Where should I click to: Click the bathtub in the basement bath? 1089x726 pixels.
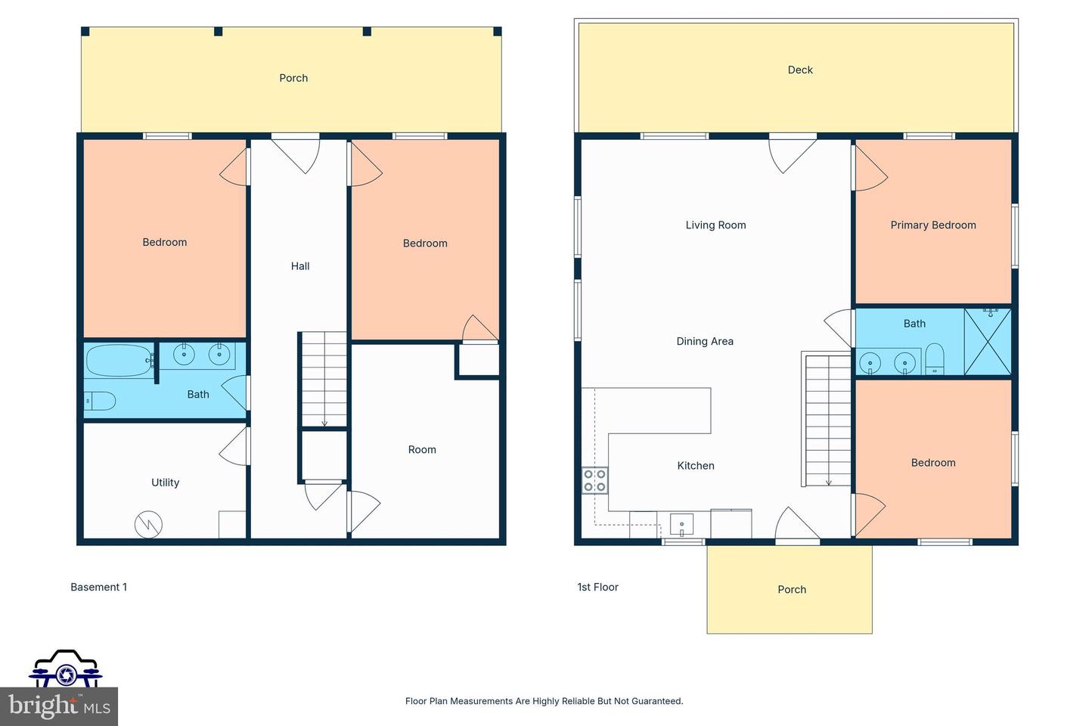pos(119,361)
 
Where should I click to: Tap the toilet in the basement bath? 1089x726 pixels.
pos(100,401)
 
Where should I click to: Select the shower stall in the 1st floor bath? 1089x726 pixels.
pos(987,341)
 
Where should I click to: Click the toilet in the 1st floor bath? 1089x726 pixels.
pos(935,359)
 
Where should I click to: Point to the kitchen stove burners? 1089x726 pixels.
pos(594,480)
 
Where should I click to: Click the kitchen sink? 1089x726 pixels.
pos(681,524)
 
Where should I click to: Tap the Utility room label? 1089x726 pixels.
pos(165,482)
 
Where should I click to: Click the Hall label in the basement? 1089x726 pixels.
pos(300,266)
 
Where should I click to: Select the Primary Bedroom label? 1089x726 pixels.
pos(932,225)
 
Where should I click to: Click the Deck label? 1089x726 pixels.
pos(800,70)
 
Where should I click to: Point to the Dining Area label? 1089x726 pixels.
pos(704,341)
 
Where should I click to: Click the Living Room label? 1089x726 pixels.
pos(715,225)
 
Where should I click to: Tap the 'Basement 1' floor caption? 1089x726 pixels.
pos(99,587)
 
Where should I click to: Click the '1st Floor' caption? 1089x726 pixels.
pos(597,587)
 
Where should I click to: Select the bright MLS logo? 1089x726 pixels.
pos(59,706)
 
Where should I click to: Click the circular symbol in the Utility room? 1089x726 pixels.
pos(148,525)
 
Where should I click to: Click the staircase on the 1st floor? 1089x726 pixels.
pos(828,420)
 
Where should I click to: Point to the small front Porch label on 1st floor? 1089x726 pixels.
pos(792,590)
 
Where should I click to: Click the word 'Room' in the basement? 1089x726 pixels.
pos(422,450)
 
